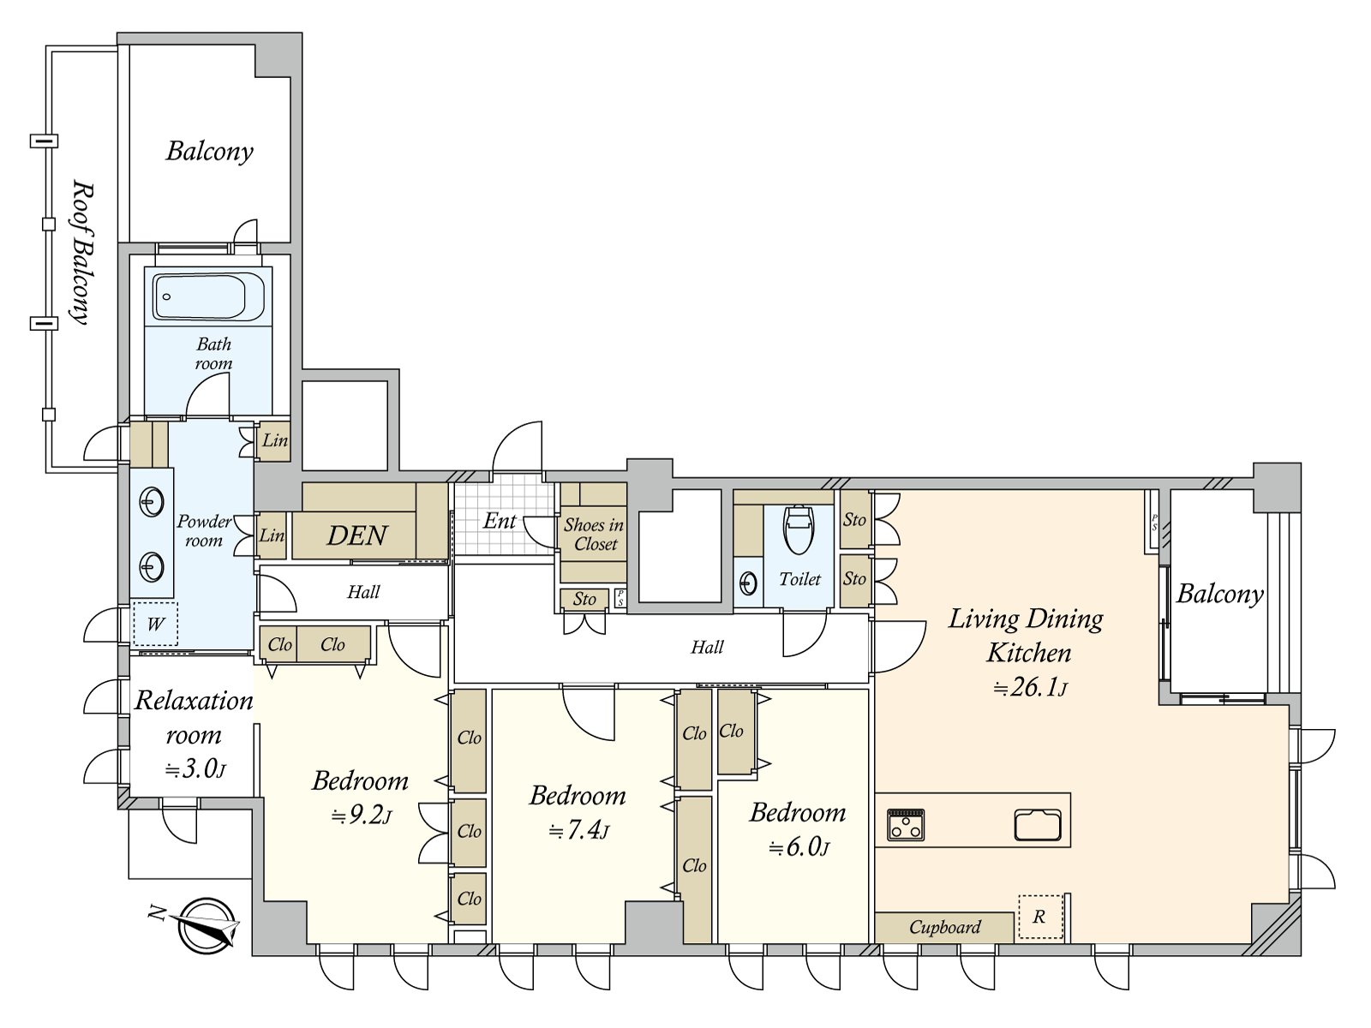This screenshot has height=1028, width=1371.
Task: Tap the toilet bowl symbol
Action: tap(799, 529)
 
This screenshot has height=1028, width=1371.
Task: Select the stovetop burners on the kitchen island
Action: tap(906, 825)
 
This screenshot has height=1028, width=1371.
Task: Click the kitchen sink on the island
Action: tap(1038, 825)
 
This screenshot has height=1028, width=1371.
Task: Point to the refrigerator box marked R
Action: tap(1039, 917)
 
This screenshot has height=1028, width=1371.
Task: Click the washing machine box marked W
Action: tap(155, 624)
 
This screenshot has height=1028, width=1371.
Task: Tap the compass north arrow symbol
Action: tap(206, 926)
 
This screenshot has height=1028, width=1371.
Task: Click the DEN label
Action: tap(357, 536)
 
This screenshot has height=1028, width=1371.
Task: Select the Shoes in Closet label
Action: tap(594, 535)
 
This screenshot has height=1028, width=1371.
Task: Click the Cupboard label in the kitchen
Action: tap(944, 927)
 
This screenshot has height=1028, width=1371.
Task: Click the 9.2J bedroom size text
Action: tap(362, 815)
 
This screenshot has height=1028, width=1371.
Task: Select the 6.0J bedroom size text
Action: tap(799, 847)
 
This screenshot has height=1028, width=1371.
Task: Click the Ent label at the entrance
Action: tap(500, 521)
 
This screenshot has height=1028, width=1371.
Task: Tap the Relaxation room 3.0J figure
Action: tap(195, 768)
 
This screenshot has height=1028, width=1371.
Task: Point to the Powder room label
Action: tap(204, 531)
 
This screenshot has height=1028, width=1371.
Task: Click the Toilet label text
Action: tap(799, 580)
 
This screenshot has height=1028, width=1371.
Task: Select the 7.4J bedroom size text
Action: tap(579, 830)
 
